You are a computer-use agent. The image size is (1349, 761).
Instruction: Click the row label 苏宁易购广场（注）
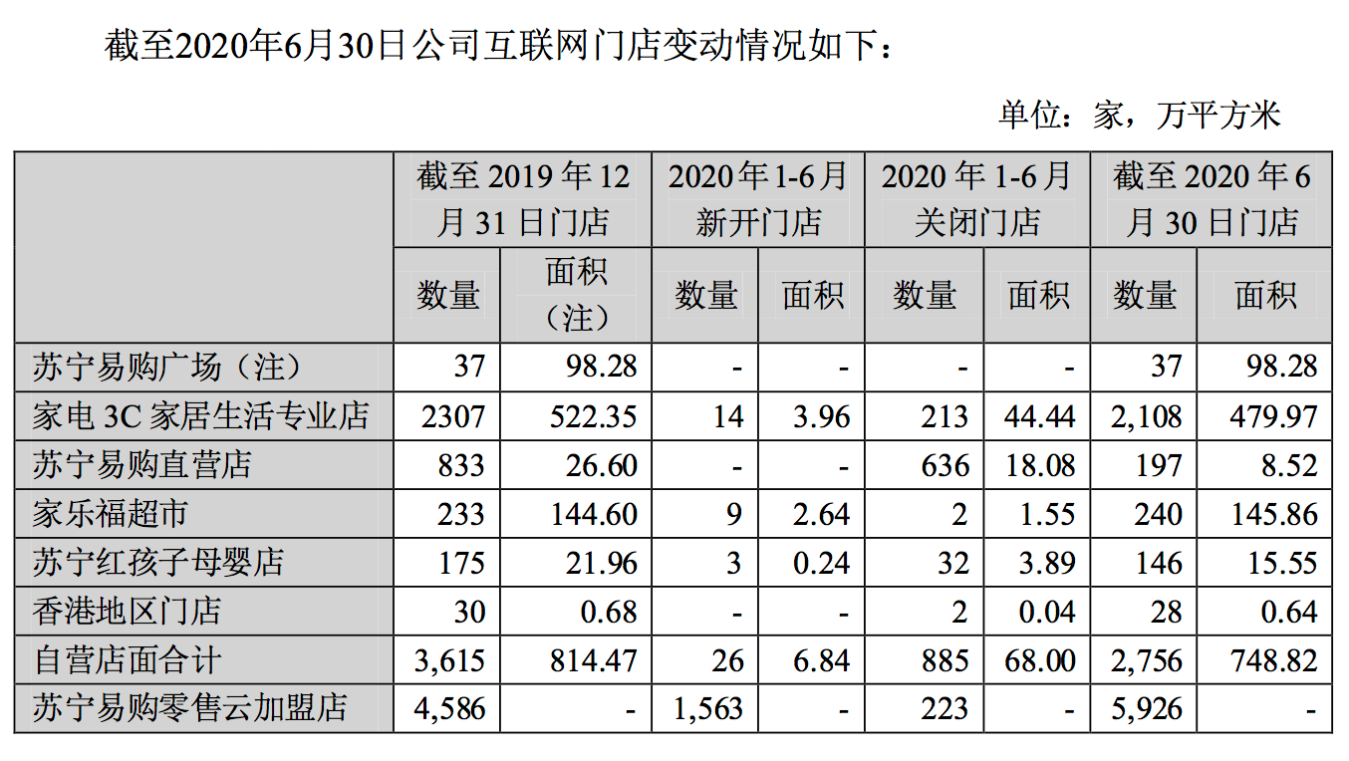[165, 368]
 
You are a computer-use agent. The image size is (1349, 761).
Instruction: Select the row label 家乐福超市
[110, 514]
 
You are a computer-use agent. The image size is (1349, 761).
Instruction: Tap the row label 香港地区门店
[127, 612]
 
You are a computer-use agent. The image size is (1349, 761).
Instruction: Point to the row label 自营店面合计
[127, 660]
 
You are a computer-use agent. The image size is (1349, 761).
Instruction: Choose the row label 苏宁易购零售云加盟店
[189, 709]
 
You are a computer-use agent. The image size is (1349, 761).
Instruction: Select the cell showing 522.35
[593, 416]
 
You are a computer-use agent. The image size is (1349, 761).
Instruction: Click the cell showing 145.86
[1274, 514]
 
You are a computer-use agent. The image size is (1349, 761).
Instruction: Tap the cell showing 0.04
[1047, 612]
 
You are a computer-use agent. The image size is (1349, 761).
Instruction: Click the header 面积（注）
[576, 295]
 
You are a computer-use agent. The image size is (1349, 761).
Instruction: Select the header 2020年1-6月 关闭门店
[976, 198]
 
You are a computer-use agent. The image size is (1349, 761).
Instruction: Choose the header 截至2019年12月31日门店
[523, 198]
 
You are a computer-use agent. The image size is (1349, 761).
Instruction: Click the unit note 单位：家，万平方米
[1139, 117]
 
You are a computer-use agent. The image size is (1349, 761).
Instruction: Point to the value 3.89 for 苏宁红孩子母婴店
[1047, 563]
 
